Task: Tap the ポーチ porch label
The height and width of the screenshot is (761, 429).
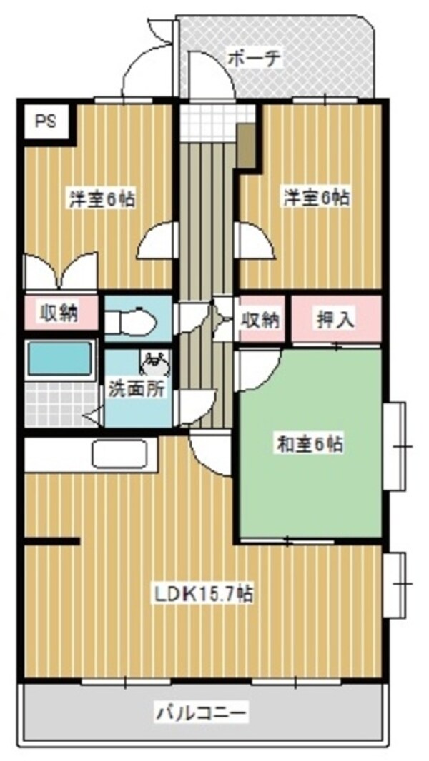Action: [x=255, y=58]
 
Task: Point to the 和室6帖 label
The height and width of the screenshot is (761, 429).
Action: [x=310, y=445]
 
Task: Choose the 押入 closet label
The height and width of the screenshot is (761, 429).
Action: [x=335, y=319]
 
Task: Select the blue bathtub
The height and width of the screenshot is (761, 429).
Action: [x=60, y=361]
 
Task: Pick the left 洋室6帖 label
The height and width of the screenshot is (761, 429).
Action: [x=102, y=199]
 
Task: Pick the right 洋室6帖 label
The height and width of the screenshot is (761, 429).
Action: [x=316, y=198]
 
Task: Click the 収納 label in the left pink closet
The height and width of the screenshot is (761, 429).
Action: [x=59, y=313]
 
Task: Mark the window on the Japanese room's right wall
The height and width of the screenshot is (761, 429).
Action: [x=394, y=446]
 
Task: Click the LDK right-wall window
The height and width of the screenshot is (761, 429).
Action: [x=394, y=583]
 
